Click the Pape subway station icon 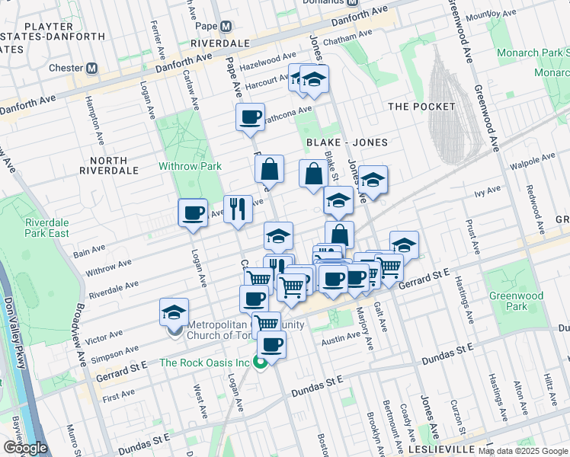click(x=226, y=26)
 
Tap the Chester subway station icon click(x=92, y=68)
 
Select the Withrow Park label click(x=190, y=166)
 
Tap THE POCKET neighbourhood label click(x=421, y=107)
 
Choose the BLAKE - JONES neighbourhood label click(x=347, y=142)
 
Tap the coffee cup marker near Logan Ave click(x=193, y=213)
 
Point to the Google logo click(x=24, y=448)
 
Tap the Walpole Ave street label click(x=533, y=161)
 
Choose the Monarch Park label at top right click(x=533, y=53)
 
